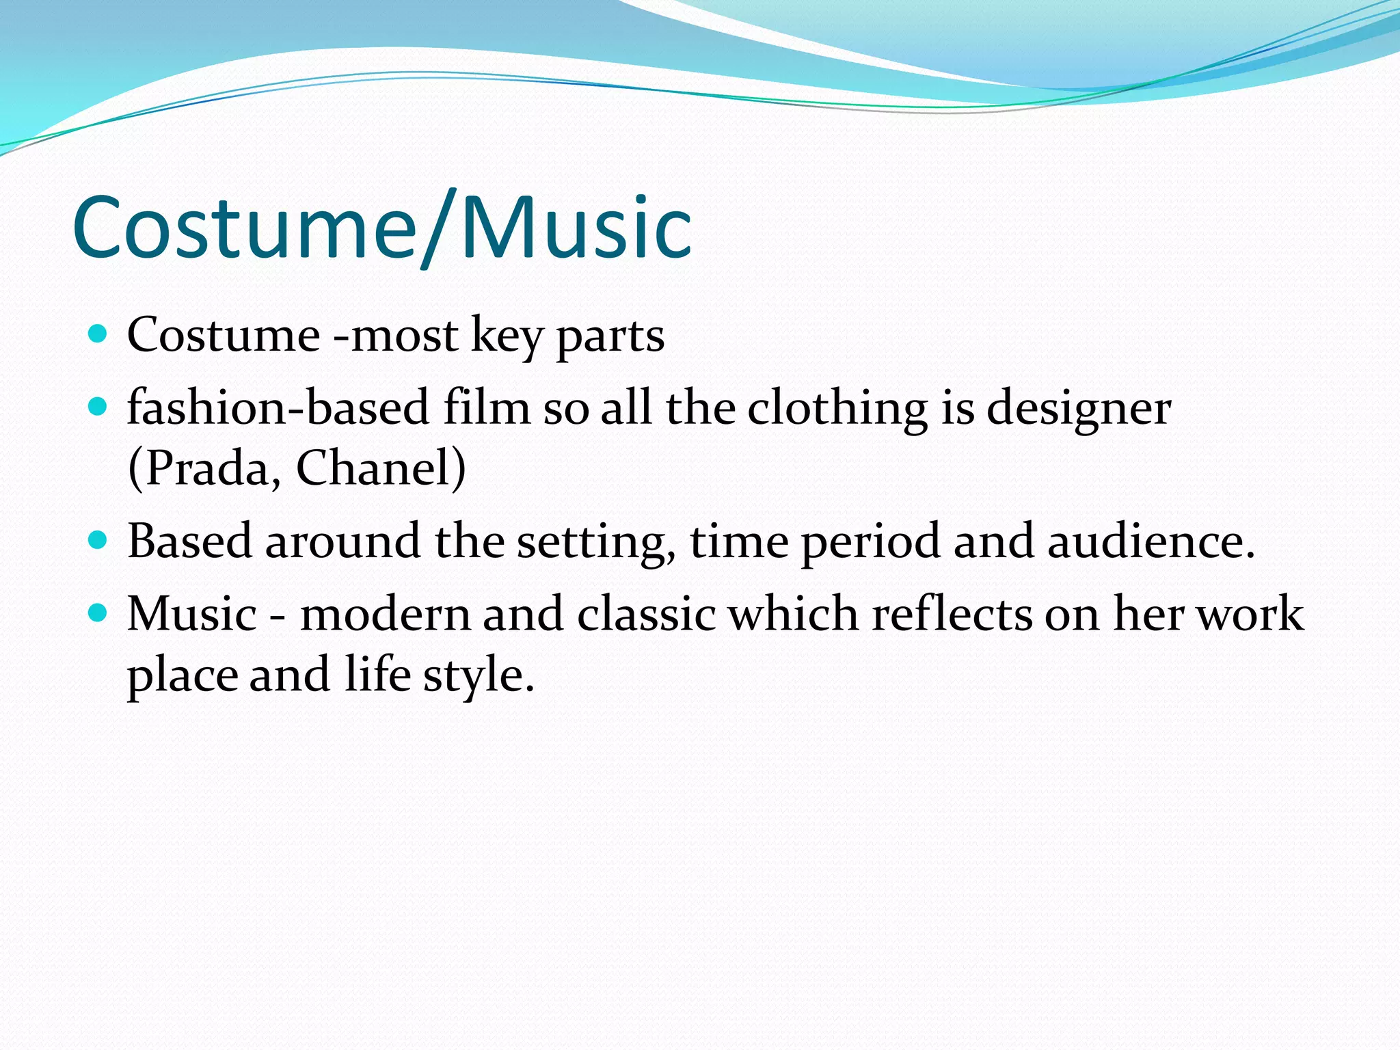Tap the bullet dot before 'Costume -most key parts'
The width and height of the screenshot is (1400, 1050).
(98, 334)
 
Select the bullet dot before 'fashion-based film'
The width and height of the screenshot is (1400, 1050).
(98, 407)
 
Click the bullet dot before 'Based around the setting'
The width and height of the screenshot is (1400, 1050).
(98, 540)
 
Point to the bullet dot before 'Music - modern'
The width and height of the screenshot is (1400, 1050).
(98, 612)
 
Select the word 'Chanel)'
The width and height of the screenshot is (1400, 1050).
(380, 469)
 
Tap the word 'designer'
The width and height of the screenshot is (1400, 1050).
(1079, 408)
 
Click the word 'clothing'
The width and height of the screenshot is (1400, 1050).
(837, 408)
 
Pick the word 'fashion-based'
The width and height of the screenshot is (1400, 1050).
(278, 408)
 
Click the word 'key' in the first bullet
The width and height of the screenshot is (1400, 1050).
(506, 336)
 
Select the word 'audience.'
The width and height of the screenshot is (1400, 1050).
(1151, 541)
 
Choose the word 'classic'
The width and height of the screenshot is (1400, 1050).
(646, 614)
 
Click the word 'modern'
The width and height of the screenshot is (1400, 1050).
(385, 614)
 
